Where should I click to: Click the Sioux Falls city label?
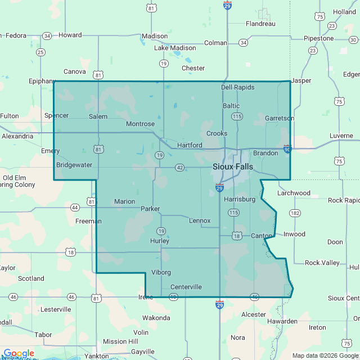pos(233,167)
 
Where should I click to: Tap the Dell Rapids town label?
pos(237,87)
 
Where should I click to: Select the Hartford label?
pos(190,145)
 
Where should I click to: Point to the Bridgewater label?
pos(74,165)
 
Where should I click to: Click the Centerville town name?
pos(186,287)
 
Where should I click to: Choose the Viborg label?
pos(161,272)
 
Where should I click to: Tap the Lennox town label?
pos(200,220)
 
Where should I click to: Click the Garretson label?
pos(280,118)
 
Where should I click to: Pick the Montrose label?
pos(140,124)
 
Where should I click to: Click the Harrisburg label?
pos(240,199)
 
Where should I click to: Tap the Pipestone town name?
pos(318,38)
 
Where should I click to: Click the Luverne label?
pos(340,136)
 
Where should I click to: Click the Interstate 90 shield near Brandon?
pos(287,149)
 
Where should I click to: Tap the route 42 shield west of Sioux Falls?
pos(179,168)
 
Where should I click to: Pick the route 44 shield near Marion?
pos(75,208)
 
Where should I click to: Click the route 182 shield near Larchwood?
pos(295,213)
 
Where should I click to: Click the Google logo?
pos(19,353)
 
